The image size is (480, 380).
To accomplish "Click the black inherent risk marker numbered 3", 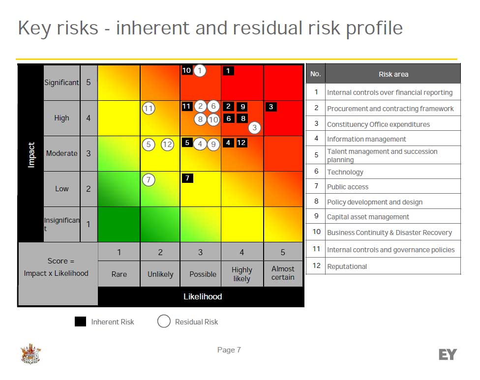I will (271, 107).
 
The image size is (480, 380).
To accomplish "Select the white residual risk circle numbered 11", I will (149, 108).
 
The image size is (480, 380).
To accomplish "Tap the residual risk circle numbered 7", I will (149, 180).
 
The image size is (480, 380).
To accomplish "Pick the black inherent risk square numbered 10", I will (186, 70).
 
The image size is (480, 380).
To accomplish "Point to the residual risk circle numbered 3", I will (254, 128).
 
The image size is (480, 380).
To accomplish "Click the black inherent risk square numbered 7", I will (187, 178).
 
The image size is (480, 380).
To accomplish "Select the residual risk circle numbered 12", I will (167, 145).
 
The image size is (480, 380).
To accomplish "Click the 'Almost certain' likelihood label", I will (283, 273).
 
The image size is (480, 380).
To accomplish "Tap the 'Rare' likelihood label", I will (119, 274).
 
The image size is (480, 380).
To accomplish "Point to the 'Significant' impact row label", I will (61, 83).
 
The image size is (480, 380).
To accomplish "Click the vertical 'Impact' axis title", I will (31, 155).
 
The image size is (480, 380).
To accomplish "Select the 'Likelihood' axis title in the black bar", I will (203, 296).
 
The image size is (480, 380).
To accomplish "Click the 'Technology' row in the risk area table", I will (345, 172).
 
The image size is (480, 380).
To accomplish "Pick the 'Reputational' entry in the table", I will (347, 266).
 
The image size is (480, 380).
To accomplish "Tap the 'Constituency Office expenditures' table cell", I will (378, 124).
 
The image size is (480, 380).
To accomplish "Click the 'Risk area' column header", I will (393, 74).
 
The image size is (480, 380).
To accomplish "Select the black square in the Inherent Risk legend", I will (80, 322).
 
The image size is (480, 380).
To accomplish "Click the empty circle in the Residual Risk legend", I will (164, 322).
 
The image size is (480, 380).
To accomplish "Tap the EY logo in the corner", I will (447, 354).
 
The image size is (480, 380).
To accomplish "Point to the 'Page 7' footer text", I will (229, 350).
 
